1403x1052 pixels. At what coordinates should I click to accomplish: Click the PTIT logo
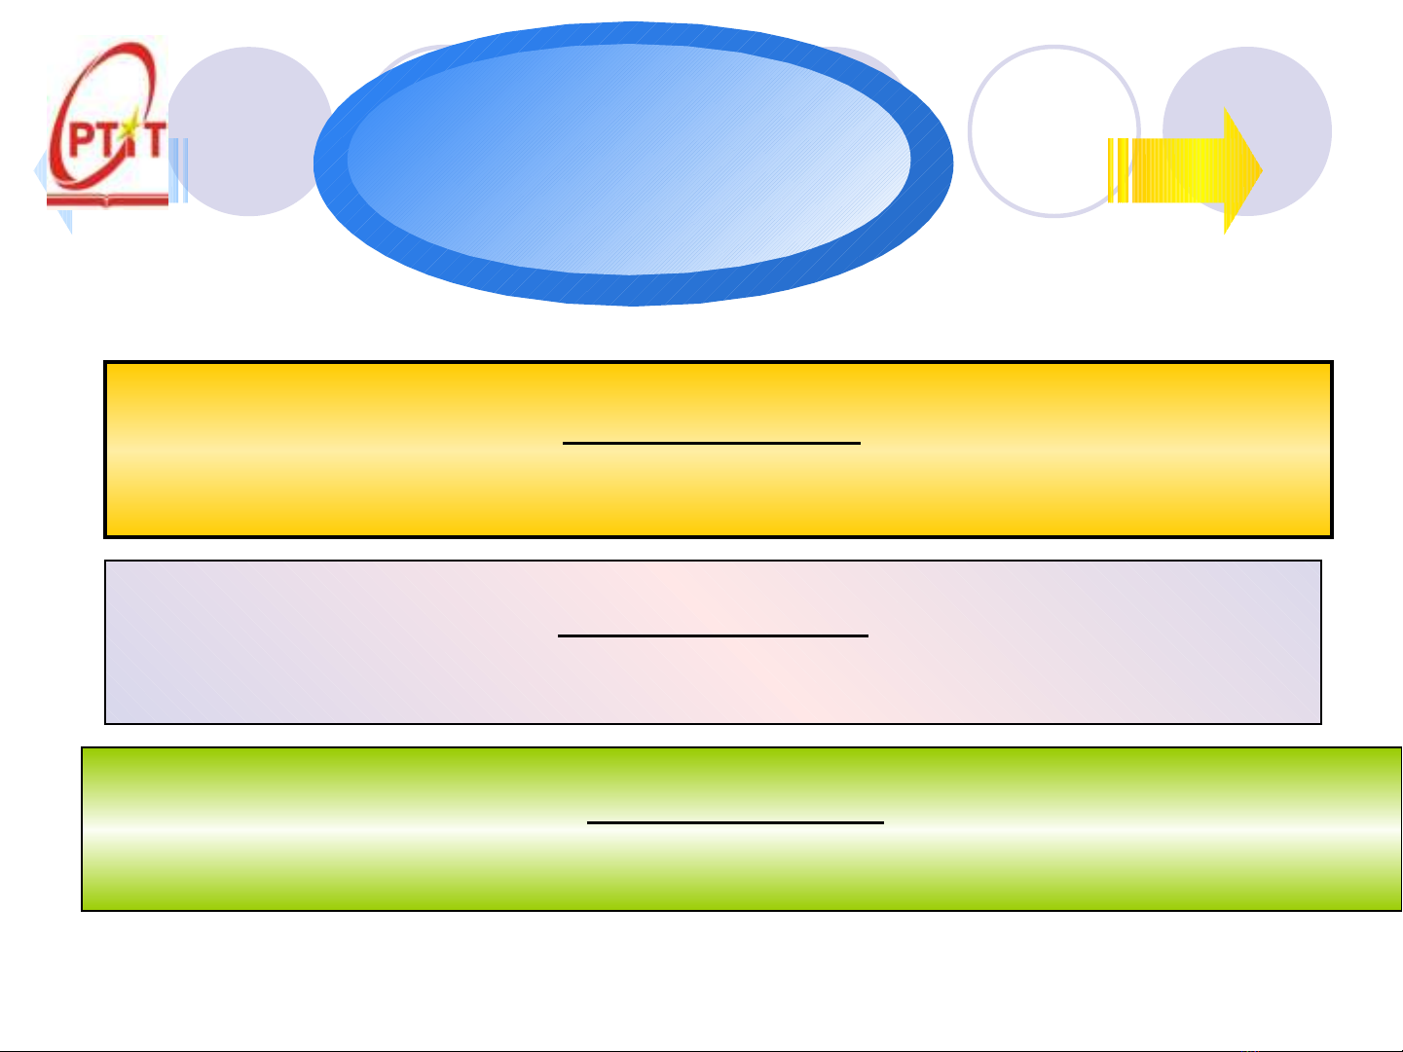click(x=107, y=122)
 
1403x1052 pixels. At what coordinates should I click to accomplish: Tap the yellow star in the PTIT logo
click(x=130, y=127)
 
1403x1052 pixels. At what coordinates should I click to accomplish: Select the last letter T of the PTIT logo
click(x=156, y=139)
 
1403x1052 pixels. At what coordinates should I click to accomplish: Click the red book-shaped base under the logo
click(x=107, y=200)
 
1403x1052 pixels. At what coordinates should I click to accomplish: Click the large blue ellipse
click(x=633, y=163)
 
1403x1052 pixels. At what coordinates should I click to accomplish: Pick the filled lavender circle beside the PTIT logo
click(x=249, y=131)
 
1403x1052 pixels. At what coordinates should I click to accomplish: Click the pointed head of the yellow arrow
click(x=1243, y=170)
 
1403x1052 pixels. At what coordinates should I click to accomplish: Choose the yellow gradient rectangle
click(x=719, y=450)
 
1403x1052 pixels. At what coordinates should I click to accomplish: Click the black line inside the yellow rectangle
click(x=712, y=443)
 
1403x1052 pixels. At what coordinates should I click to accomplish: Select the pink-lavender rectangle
click(x=713, y=642)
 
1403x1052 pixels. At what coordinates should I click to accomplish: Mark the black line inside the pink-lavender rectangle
click(x=713, y=635)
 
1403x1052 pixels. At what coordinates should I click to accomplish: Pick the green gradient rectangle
click(x=742, y=829)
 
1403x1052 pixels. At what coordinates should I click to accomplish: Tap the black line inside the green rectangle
click(x=735, y=822)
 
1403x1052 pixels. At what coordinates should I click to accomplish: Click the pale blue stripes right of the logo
click(x=178, y=170)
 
